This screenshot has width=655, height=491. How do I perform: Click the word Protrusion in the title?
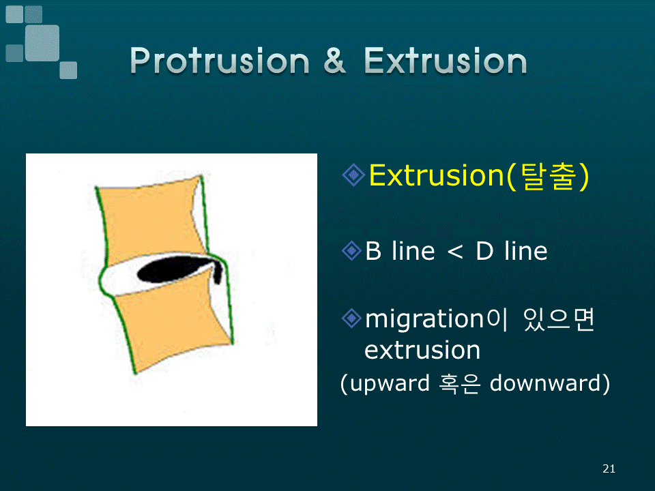[x=220, y=61]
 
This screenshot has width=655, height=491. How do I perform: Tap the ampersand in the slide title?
[x=334, y=60]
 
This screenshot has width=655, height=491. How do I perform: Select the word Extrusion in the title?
[x=446, y=60]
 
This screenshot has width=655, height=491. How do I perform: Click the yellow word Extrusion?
[x=437, y=175]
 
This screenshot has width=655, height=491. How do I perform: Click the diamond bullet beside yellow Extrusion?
[x=353, y=175]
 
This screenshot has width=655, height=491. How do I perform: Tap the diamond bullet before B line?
[x=351, y=251]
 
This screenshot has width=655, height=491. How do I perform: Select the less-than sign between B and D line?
[x=455, y=252]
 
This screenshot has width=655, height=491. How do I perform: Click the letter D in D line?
[x=484, y=251]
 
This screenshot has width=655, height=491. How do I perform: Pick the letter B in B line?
[x=373, y=251]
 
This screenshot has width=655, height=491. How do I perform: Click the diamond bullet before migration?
[x=351, y=318]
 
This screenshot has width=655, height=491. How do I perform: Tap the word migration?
[x=424, y=319]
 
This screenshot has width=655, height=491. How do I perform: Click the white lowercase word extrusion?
[x=422, y=350]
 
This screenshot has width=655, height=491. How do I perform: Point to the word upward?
[x=390, y=383]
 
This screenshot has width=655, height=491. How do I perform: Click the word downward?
[x=546, y=383]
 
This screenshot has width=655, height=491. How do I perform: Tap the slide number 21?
[x=609, y=469]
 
